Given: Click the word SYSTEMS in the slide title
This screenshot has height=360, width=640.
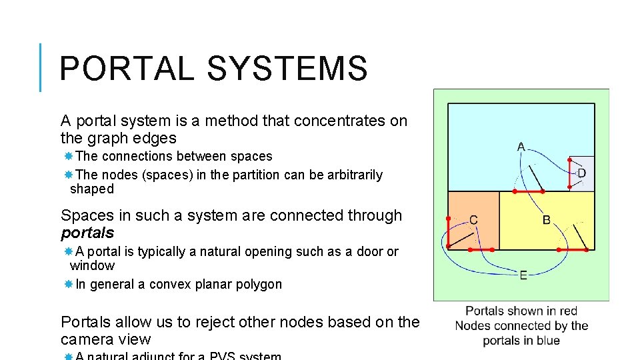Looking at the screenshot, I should click(x=287, y=69).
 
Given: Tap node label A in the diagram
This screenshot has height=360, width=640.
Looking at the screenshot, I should click(x=521, y=147).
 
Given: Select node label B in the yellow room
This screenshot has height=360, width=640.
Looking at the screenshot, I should click(x=546, y=219).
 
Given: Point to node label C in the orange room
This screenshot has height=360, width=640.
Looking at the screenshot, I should click(x=473, y=219).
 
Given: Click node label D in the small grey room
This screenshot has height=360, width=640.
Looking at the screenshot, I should click(x=581, y=173).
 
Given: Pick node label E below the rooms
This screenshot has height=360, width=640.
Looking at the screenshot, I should click(x=523, y=275).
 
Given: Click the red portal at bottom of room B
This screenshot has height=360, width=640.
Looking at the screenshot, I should click(x=575, y=250).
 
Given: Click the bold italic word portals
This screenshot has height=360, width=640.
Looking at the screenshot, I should click(x=87, y=233).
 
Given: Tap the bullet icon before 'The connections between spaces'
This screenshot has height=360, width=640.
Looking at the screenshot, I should click(x=69, y=157).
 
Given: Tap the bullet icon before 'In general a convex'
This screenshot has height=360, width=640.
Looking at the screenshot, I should click(x=69, y=285).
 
